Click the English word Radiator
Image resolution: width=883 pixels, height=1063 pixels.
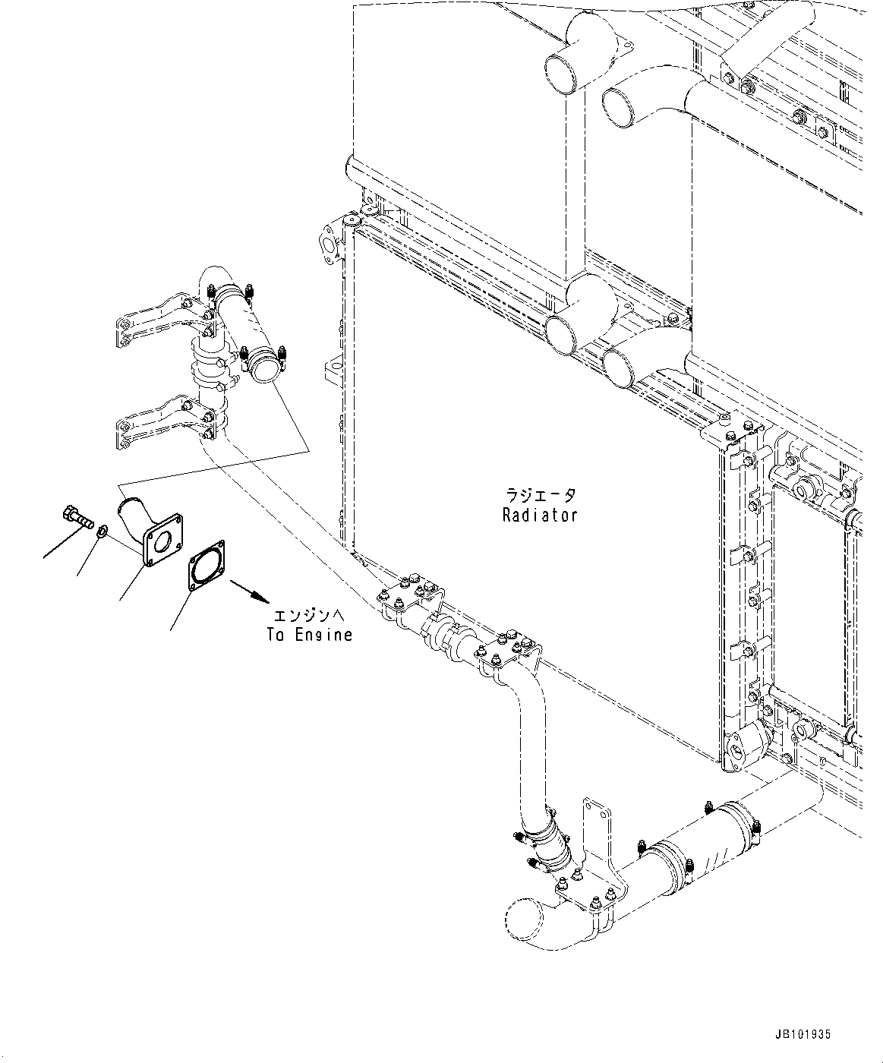(x=539, y=515)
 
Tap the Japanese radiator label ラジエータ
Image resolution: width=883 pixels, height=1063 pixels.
(x=540, y=495)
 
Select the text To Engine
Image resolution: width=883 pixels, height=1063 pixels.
(x=309, y=635)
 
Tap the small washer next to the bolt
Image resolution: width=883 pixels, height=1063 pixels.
(x=102, y=529)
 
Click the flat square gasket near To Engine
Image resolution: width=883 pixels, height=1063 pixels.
(x=206, y=563)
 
